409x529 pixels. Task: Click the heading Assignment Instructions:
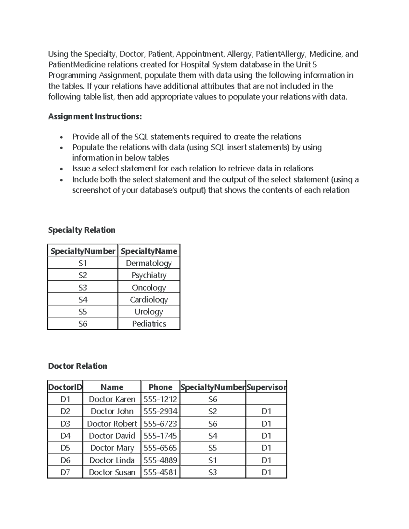95,116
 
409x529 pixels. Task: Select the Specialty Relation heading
82,230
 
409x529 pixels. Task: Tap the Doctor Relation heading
78,366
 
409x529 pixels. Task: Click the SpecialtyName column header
149,251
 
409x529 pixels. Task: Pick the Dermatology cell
149,263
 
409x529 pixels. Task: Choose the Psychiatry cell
149,275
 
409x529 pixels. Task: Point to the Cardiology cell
149,299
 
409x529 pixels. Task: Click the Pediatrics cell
149,324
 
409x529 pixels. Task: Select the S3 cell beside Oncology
83,287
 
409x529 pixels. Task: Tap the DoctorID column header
65,387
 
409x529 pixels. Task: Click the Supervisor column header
266,387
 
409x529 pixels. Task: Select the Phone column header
160,387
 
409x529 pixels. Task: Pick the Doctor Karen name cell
112,399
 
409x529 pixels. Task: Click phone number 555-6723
160,424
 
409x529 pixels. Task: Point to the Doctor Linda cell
112,460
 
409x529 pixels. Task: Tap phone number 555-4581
160,472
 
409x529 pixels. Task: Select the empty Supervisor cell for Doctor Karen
266,399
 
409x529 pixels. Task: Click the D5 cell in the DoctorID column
65,448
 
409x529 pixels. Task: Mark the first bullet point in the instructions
61,137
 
